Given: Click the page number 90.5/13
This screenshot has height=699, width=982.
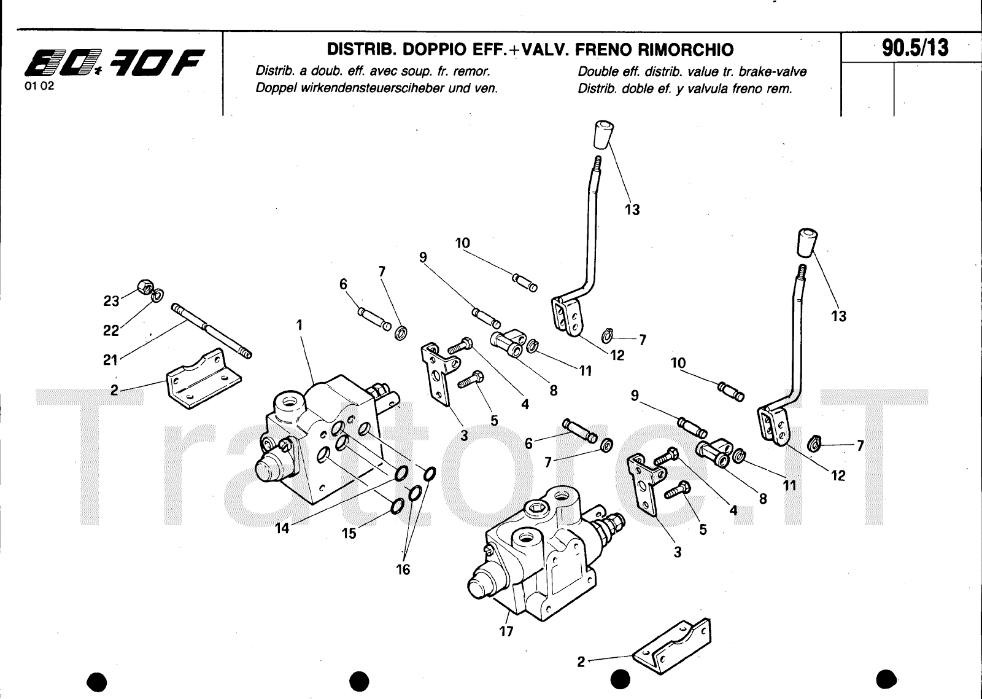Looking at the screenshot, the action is point(915,48).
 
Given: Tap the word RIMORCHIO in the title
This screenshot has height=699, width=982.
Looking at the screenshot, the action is point(685,50).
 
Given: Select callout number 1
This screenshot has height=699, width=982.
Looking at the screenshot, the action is point(300,325).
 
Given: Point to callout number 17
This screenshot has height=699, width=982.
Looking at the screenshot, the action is point(506,631).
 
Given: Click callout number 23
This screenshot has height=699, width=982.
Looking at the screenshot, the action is point(111,301).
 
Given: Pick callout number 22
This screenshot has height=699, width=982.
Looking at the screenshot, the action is point(111,330).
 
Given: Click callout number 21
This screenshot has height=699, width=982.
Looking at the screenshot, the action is point(110,361).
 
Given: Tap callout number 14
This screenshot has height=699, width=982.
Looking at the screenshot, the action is point(282,528).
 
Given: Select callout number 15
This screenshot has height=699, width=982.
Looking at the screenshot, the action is point(349,534).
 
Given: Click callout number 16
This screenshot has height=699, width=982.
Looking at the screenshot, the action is point(403,569).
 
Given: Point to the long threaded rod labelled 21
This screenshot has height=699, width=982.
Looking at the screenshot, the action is point(211,330).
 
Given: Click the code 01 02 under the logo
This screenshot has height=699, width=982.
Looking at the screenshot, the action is point(39,86).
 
